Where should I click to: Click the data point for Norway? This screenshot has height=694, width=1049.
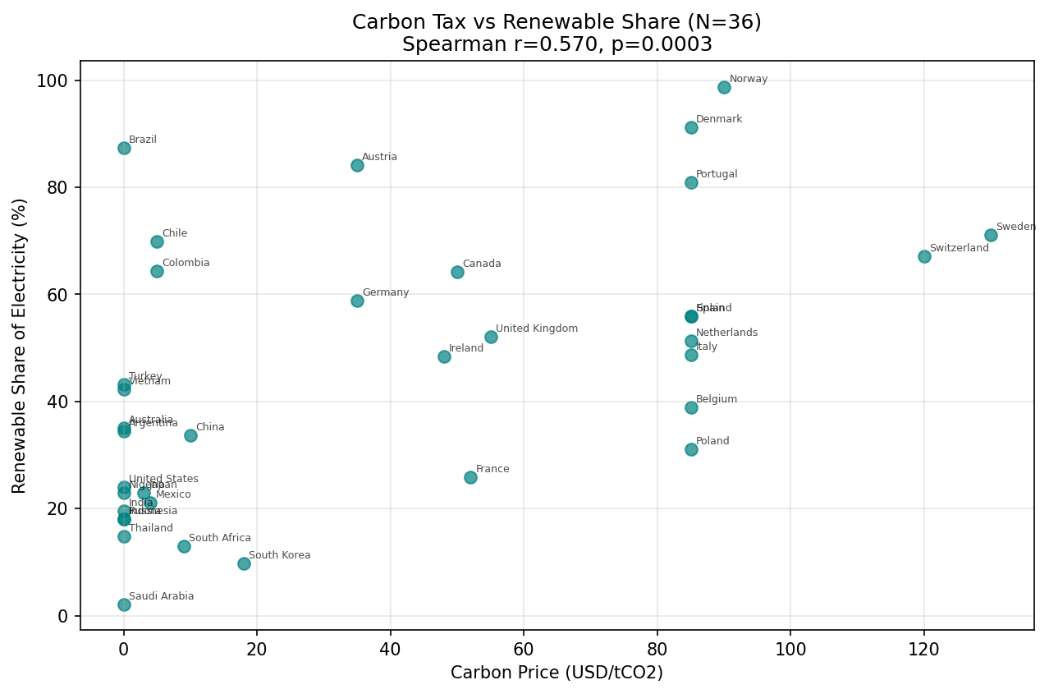click(724, 87)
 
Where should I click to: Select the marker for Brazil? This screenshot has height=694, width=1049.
click(124, 148)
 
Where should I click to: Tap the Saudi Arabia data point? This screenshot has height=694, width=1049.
click(124, 604)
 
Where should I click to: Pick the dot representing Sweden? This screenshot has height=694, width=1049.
click(991, 235)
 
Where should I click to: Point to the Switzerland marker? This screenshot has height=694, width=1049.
click(924, 256)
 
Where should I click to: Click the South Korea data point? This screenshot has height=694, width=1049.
click(244, 563)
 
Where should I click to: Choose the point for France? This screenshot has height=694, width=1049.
click(470, 477)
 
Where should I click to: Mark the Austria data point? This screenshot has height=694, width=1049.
click(357, 165)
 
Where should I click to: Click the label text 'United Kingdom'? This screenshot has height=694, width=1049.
click(537, 329)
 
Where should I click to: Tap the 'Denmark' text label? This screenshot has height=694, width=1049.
click(719, 119)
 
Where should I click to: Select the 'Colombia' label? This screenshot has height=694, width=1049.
click(186, 263)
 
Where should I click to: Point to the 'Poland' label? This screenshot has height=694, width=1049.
click(712, 441)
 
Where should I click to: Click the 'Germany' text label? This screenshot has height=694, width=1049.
click(386, 292)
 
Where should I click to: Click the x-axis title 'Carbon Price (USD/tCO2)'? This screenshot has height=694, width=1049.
click(557, 673)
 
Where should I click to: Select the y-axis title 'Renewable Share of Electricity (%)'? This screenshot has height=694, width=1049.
click(20, 345)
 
